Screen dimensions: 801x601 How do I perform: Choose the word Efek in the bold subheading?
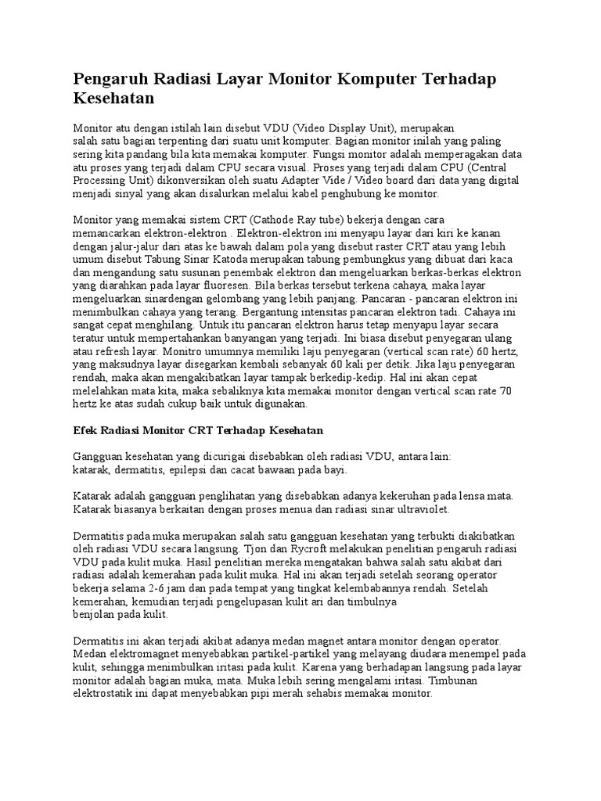tap(85, 431)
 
